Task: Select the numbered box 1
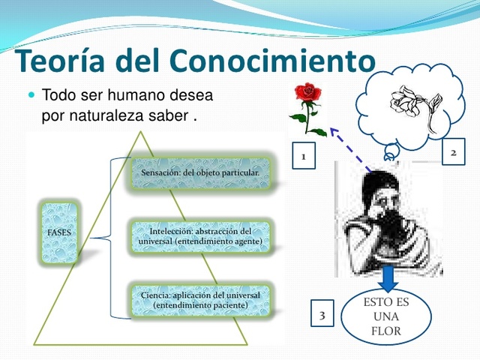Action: (x=303, y=157)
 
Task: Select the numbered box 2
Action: (x=453, y=152)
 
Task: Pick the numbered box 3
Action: (x=322, y=315)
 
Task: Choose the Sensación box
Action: (x=200, y=173)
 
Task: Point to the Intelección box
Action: (x=200, y=236)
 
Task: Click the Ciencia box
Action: (x=200, y=300)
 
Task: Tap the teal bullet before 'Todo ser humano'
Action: (x=31, y=97)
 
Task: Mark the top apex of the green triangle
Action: (x=140, y=133)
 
